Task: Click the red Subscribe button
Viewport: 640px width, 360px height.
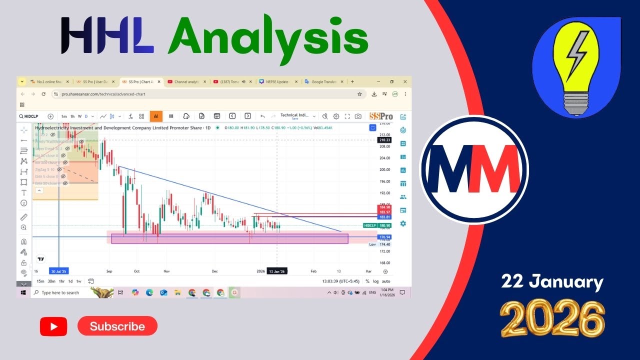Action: coord(117,326)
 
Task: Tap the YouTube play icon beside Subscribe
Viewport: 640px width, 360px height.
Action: coord(53,327)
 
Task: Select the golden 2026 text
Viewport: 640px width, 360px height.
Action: coord(552,319)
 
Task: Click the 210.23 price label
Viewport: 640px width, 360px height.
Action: coord(384,140)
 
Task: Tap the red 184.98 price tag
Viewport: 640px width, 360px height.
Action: coord(384,207)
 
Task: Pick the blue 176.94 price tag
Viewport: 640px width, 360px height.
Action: coord(384,237)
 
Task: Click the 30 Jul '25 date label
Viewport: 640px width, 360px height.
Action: coord(59,271)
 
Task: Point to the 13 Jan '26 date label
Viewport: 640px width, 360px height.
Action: coord(276,271)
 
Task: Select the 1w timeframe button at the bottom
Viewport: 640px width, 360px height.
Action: coord(78,281)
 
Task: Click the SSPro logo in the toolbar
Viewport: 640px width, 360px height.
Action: coord(381,116)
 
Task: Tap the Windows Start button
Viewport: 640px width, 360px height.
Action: coord(23,292)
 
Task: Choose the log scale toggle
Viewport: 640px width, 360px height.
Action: coord(376,281)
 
